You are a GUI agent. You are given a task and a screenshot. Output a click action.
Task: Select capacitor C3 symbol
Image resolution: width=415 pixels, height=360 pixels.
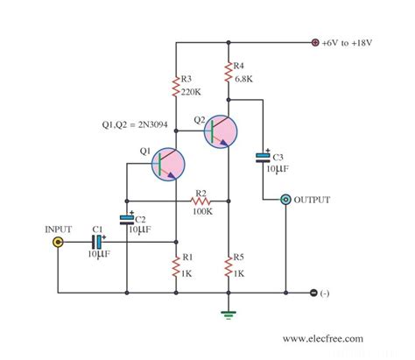click(x=263, y=158)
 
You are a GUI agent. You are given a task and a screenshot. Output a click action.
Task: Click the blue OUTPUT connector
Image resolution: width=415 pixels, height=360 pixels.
click(x=285, y=201)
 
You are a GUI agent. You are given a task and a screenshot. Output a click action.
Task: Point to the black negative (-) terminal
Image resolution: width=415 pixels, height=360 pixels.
click(x=314, y=293)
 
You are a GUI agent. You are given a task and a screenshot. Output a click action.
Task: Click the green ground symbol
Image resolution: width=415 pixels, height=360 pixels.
click(x=229, y=312)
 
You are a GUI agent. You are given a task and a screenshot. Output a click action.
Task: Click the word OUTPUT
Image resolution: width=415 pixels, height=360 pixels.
click(x=313, y=201)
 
